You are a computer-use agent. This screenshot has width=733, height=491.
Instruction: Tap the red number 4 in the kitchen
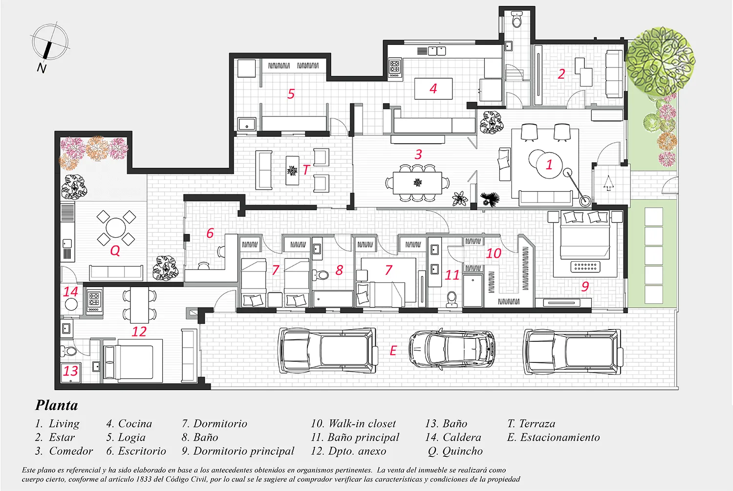pos(433,89)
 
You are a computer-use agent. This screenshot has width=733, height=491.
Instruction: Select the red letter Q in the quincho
pos(115,251)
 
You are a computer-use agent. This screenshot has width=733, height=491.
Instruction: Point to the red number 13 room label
pos(71,371)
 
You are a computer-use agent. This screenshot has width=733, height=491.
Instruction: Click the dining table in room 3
pos(417,183)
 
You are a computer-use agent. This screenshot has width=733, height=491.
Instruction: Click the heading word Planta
pos(57,405)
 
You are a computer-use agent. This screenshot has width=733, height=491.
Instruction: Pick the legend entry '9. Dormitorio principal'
pos(238,451)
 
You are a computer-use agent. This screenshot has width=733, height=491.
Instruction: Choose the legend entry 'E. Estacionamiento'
pos(553,437)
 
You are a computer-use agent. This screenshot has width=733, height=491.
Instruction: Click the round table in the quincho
pos(115,227)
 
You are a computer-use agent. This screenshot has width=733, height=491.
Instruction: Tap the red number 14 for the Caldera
pos(71,291)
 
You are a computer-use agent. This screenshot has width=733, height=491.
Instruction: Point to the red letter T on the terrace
pos(305,170)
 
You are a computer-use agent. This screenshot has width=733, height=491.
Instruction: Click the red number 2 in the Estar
pos(561,74)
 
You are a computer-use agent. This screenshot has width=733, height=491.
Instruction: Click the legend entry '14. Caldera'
pos(453,437)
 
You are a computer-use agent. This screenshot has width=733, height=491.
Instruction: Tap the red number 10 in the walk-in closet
pos(494,253)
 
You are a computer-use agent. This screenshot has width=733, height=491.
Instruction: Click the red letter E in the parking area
pos(393,351)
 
